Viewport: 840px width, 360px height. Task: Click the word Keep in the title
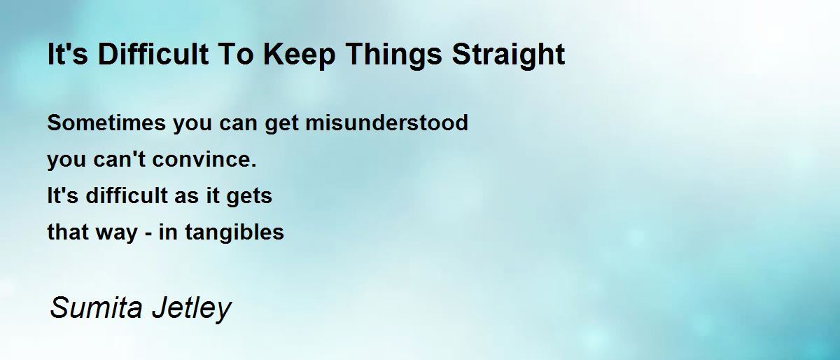tap(299, 55)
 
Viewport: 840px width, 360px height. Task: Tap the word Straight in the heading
tap(508, 55)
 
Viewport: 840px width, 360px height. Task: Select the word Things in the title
tap(393, 55)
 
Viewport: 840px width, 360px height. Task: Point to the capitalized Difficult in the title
tap(153, 54)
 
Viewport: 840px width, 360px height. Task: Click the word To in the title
tap(235, 55)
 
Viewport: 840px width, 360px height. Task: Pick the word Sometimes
tap(106, 123)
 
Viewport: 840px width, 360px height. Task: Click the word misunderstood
tap(386, 123)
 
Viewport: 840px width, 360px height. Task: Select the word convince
tap(202, 159)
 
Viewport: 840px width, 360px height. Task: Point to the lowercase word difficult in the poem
tap(127, 195)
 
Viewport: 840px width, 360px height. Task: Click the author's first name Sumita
tap(97, 307)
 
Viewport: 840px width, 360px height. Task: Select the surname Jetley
tap(192, 309)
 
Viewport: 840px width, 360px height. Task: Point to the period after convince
tap(254, 165)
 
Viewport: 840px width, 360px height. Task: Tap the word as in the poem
tap(186, 198)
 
